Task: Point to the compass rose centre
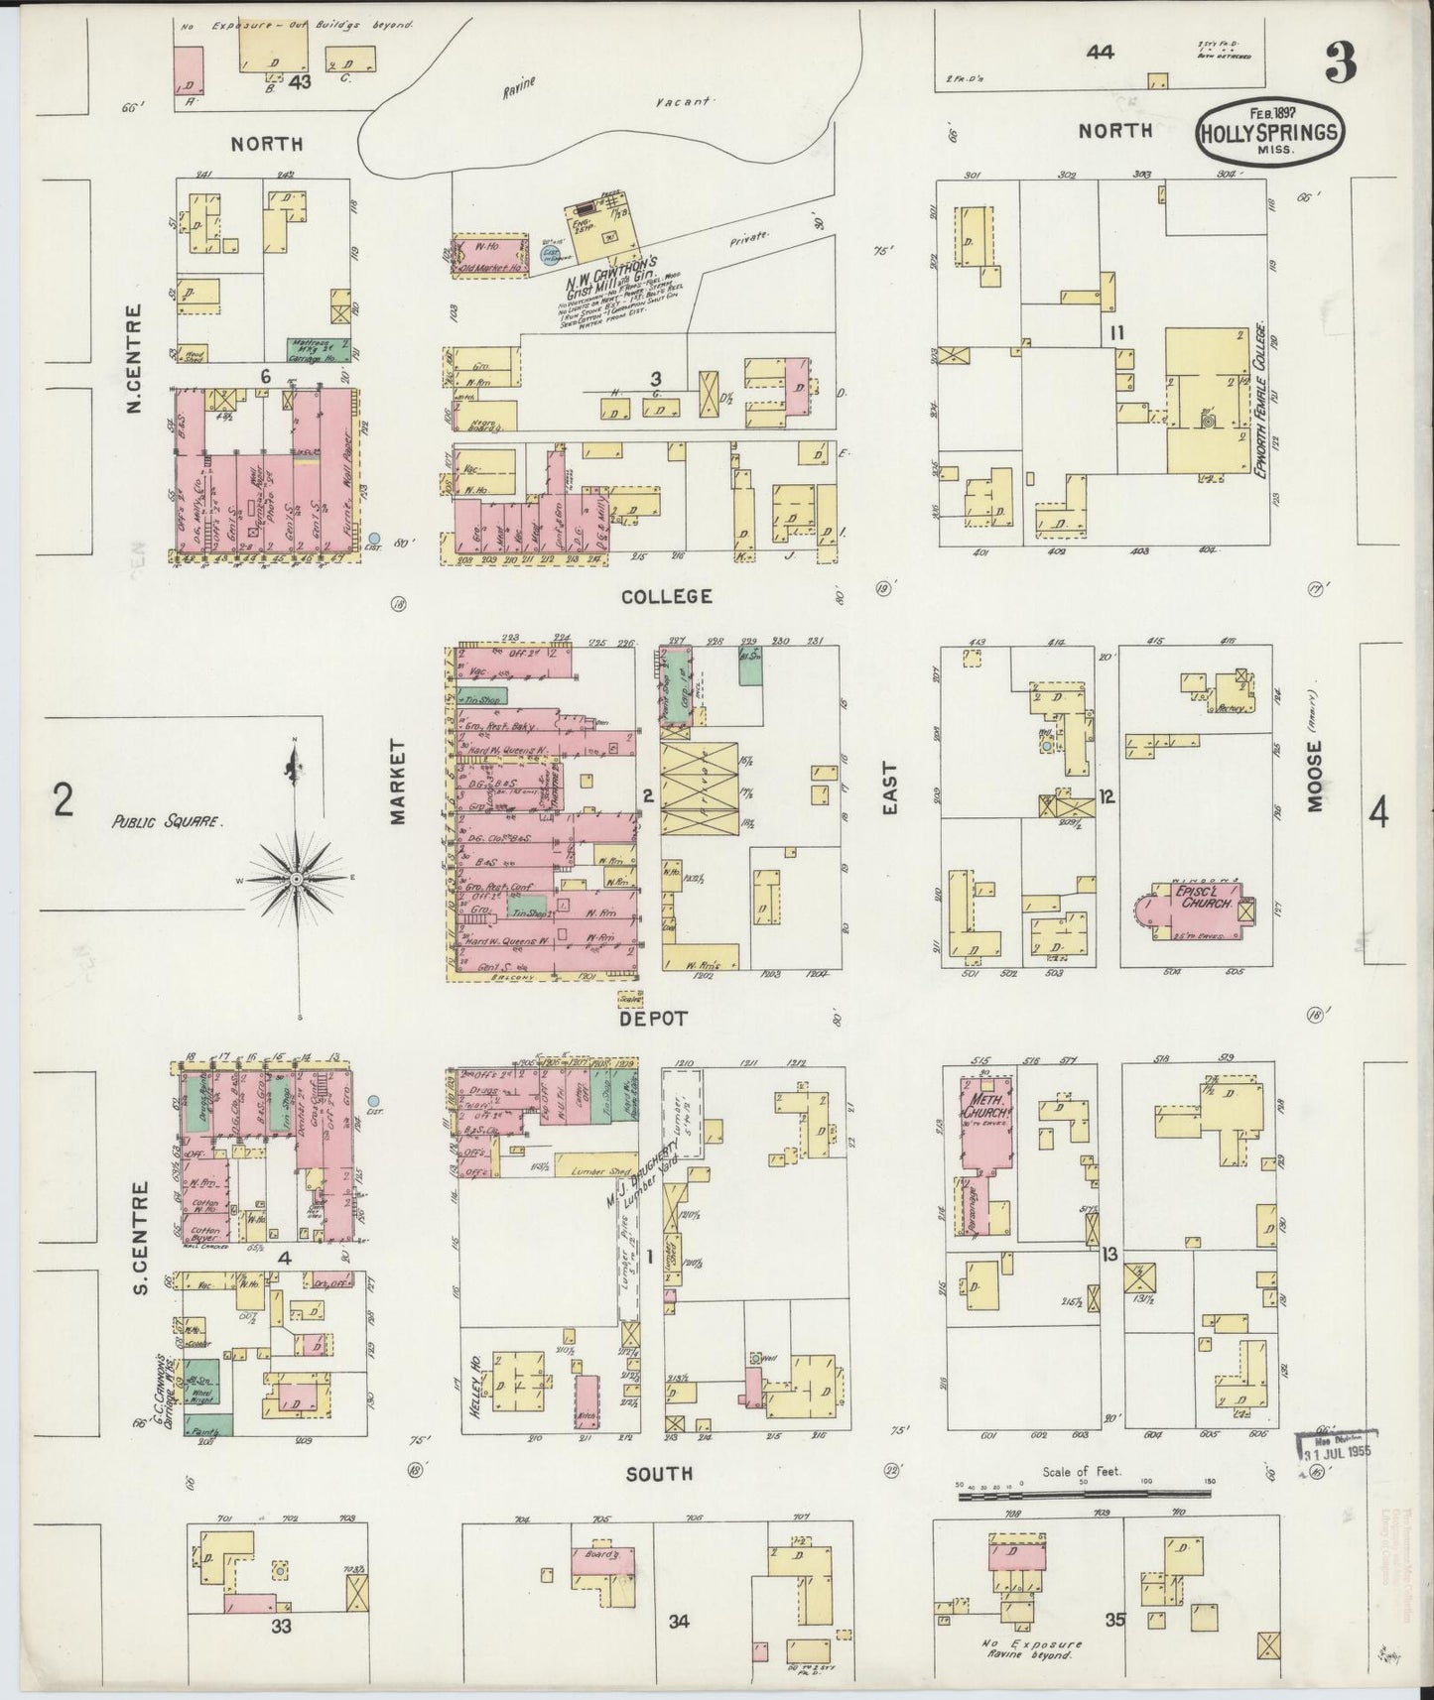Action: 297,880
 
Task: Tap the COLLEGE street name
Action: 667,596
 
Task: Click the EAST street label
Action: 890,789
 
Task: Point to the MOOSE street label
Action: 1316,778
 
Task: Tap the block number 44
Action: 1099,53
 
